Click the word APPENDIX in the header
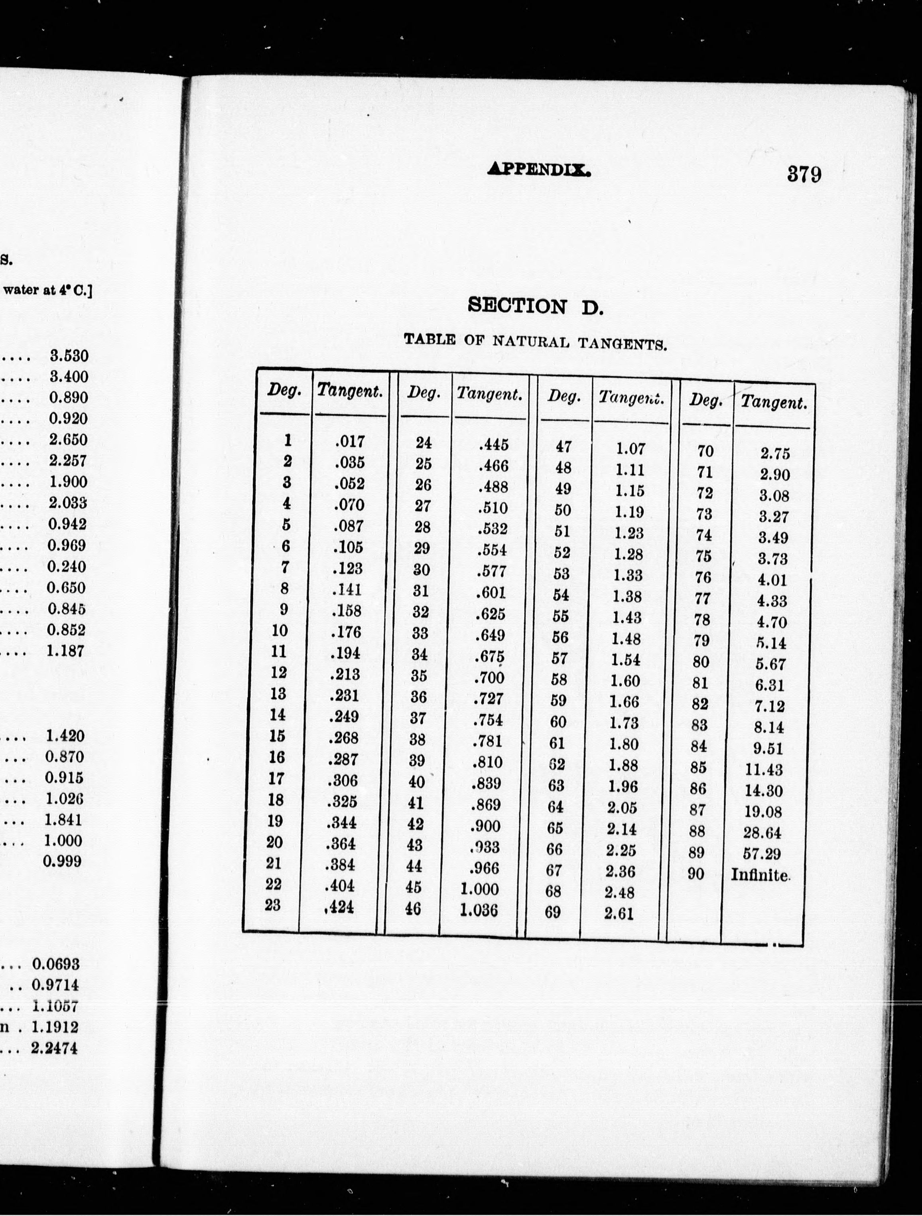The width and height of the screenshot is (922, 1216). click(540, 169)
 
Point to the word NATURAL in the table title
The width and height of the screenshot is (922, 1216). click(531, 342)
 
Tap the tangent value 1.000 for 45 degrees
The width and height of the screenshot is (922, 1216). click(480, 889)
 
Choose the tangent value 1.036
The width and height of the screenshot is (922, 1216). click(479, 910)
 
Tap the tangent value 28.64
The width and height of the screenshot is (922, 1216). click(762, 833)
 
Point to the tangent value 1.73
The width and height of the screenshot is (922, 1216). click(624, 723)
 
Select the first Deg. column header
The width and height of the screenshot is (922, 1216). click(284, 391)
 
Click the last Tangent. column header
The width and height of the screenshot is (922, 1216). click(774, 403)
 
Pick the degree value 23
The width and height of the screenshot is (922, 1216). click(272, 904)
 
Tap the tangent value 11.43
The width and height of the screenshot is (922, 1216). click(764, 770)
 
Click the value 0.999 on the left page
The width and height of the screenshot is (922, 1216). click(62, 861)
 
